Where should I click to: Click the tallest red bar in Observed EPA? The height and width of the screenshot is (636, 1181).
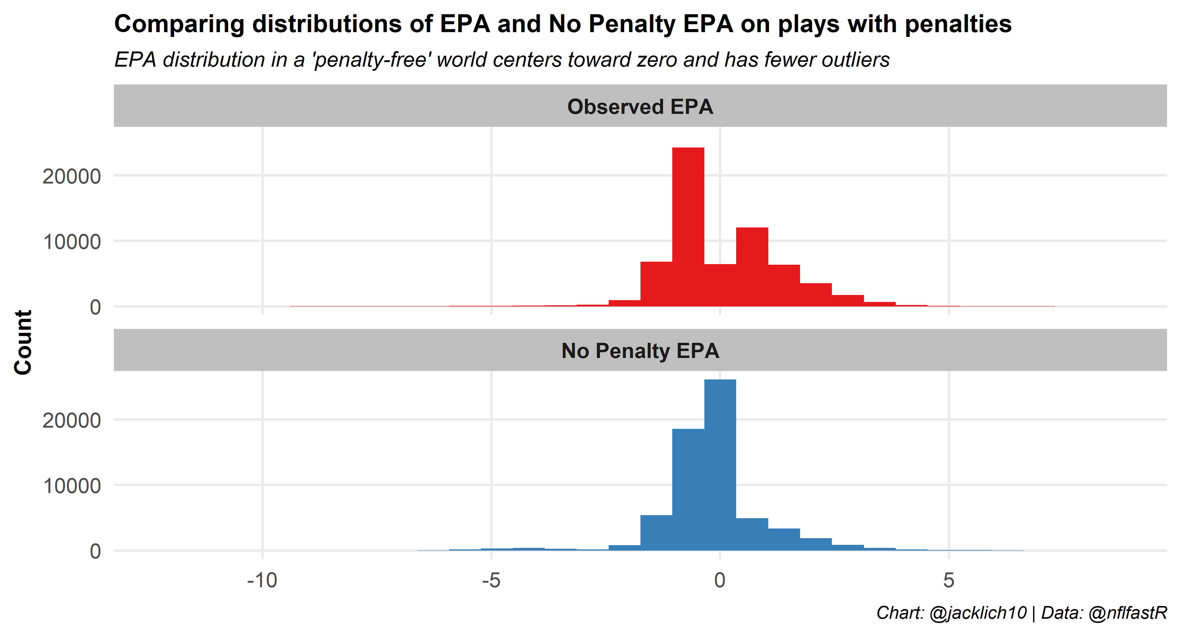pyautogui.click(x=688, y=227)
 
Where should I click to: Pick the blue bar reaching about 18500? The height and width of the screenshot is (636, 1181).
pyautogui.click(x=688, y=489)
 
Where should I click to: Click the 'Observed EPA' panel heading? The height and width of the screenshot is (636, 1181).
pyautogui.click(x=640, y=106)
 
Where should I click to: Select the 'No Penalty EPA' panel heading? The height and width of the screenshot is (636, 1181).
pyautogui.click(x=640, y=351)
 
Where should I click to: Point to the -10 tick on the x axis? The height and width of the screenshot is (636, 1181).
pyautogui.click(x=262, y=581)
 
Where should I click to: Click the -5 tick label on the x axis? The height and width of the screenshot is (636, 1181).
pyautogui.click(x=491, y=581)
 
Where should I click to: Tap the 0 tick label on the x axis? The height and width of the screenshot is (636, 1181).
pyautogui.click(x=720, y=581)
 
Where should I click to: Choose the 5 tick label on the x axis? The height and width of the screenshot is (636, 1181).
pyautogui.click(x=948, y=581)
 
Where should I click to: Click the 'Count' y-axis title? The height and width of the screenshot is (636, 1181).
pyautogui.click(x=23, y=342)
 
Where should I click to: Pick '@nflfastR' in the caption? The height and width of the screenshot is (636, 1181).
pyautogui.click(x=1127, y=613)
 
